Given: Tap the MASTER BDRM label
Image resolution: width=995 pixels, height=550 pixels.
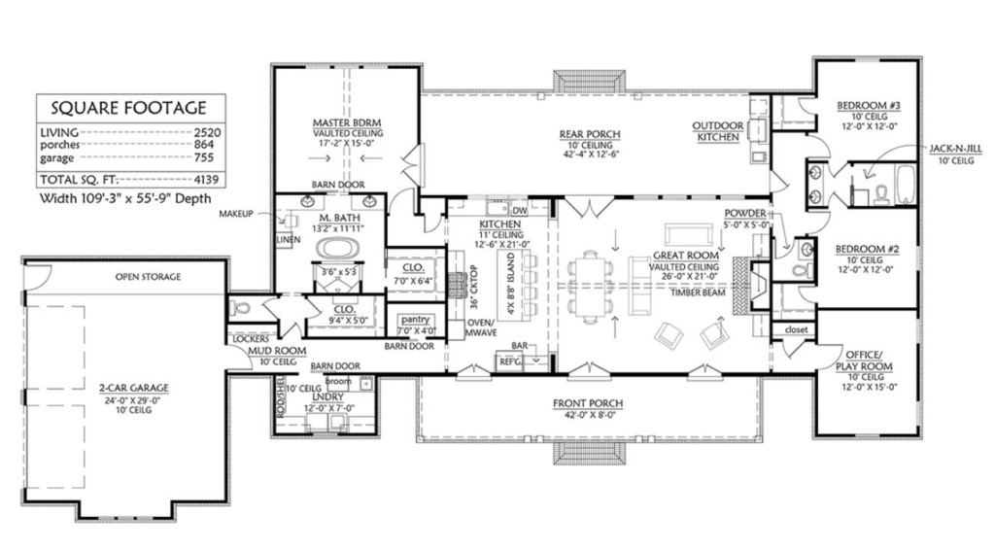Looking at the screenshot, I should click(x=347, y=122).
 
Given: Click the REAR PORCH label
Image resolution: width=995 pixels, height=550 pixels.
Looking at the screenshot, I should click(x=589, y=133).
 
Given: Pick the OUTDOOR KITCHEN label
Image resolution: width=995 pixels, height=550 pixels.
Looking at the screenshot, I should click(x=718, y=131).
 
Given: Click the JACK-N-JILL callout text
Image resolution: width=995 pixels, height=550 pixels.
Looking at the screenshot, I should click(x=955, y=149).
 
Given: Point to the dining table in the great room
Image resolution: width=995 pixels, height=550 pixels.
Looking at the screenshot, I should click(x=590, y=284).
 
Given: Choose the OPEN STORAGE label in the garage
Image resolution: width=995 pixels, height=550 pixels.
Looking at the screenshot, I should click(x=148, y=277).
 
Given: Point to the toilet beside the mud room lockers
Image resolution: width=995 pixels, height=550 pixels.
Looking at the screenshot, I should click(x=241, y=310).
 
